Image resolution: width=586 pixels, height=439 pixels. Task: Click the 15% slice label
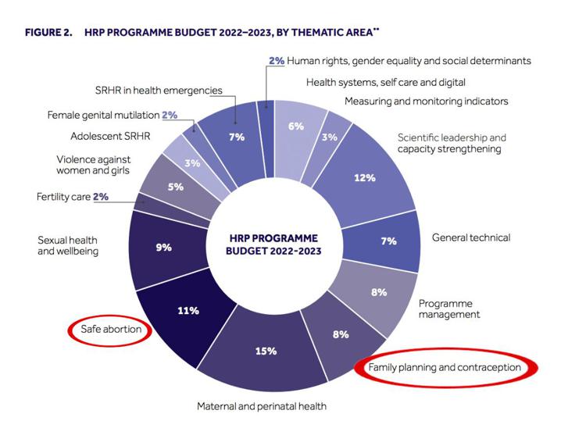(x=266, y=351)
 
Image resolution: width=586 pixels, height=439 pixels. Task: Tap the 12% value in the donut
(x=364, y=178)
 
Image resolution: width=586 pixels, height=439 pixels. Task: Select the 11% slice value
(x=188, y=310)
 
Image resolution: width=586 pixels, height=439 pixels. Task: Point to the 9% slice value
(x=163, y=247)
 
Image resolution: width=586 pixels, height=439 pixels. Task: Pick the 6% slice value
(x=295, y=126)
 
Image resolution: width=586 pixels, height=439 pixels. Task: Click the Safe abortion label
(x=111, y=329)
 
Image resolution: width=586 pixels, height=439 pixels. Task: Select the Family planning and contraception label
(x=444, y=367)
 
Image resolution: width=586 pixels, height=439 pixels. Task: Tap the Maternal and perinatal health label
(x=262, y=406)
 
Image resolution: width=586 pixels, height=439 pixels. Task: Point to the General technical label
(x=471, y=237)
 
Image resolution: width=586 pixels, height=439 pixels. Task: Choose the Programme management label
(x=449, y=309)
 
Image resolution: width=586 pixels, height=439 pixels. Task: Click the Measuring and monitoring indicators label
(x=426, y=101)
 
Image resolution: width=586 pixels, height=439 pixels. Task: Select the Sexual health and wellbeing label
(x=69, y=246)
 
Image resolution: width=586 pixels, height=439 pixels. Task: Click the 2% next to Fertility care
(x=101, y=197)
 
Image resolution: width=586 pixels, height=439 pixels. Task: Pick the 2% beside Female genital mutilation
(x=170, y=115)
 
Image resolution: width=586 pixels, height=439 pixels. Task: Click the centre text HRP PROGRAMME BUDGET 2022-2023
(x=274, y=245)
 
